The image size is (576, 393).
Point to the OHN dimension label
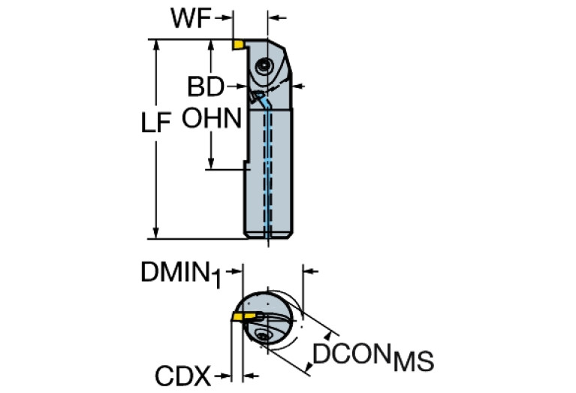pos(213,119)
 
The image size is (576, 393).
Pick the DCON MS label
pos(372,358)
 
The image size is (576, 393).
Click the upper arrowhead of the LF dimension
pos(156,44)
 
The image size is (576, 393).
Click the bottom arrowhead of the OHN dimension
pos(213,164)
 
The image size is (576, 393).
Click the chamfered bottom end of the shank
pos(270,239)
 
